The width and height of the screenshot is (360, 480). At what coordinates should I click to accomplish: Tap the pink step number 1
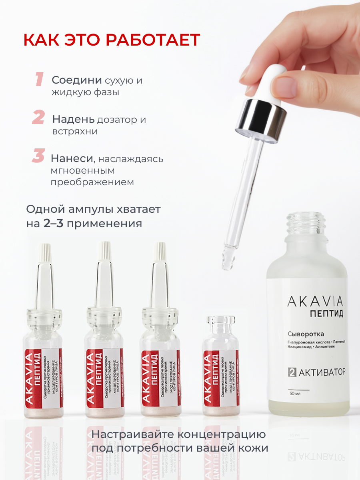click(x=39, y=79)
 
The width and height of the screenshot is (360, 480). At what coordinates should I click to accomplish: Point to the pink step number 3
click(x=38, y=156)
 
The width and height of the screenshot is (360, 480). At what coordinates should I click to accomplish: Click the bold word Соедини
click(x=76, y=80)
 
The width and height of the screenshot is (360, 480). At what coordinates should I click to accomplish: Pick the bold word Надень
click(x=74, y=119)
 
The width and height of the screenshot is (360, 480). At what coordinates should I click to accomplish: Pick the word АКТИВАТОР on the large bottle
click(x=322, y=372)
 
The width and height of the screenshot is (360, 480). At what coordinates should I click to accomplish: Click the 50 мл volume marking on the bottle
click(x=295, y=394)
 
